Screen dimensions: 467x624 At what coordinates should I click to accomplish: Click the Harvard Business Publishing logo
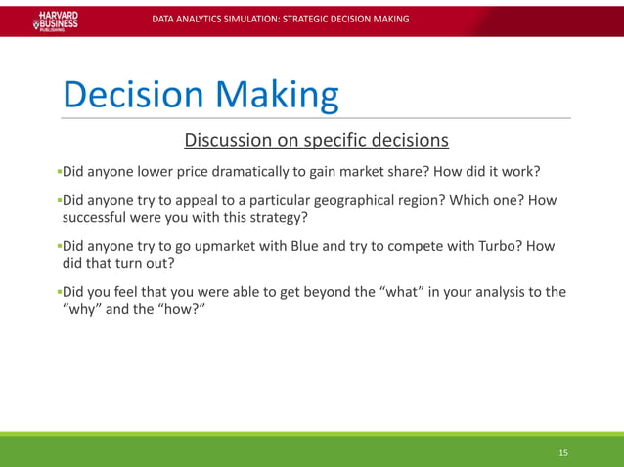coord(56,21)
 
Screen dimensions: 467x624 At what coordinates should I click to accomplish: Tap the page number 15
coord(562,453)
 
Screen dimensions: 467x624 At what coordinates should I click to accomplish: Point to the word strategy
coord(277,217)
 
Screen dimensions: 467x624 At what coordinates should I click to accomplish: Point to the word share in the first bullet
coord(403,173)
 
